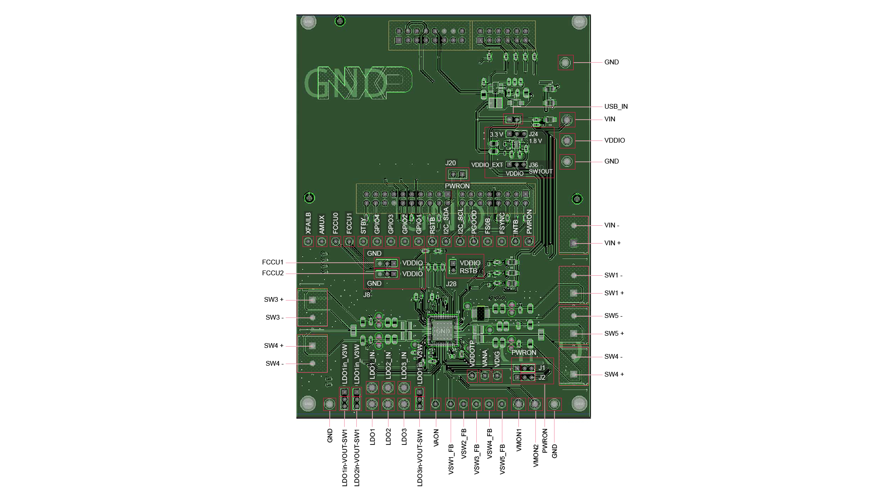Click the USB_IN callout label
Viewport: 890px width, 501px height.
click(x=616, y=107)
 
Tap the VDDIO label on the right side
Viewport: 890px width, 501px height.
click(x=614, y=140)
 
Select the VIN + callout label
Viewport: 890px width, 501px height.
click(x=612, y=243)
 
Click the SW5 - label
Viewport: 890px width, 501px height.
click(x=613, y=316)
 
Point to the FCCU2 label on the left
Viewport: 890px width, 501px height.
click(x=272, y=273)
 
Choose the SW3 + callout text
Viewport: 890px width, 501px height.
click(x=273, y=300)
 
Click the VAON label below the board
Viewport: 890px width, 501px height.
click(x=436, y=438)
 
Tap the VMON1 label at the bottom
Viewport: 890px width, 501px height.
click(x=518, y=440)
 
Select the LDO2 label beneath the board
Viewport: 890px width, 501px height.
click(x=388, y=437)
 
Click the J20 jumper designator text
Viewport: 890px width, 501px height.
click(x=451, y=163)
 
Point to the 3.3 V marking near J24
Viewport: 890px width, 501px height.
click(x=496, y=134)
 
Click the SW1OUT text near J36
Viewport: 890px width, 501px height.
click(x=541, y=171)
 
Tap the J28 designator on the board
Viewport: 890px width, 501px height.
click(x=452, y=284)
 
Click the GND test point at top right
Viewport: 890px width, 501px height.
click(x=565, y=63)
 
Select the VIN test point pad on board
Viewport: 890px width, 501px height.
click(x=567, y=120)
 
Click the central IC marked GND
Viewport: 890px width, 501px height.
click(x=443, y=331)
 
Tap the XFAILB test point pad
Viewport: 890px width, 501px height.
click(x=308, y=241)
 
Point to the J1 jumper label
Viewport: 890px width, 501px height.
click(x=541, y=368)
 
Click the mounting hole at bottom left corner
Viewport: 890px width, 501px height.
click(x=308, y=403)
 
